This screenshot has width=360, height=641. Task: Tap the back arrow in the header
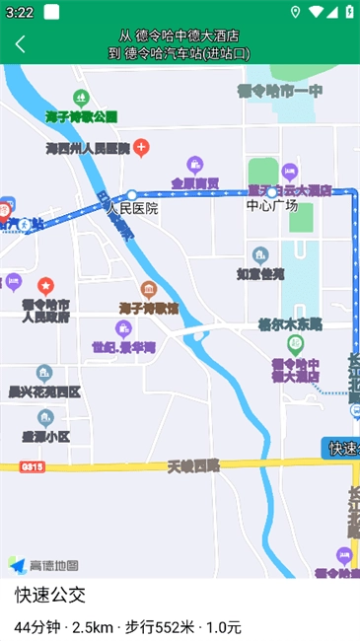20,43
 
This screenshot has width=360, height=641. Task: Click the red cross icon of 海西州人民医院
142,149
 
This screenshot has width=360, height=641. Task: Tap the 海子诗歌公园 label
81,116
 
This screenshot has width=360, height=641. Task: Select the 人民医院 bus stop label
132,209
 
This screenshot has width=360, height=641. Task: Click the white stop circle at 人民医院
131,194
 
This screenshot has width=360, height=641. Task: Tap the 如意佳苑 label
259,273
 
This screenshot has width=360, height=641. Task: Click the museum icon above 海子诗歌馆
149,289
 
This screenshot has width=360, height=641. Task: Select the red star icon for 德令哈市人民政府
44,285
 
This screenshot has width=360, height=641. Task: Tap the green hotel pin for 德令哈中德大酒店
295,345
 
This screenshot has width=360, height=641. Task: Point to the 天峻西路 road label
193,464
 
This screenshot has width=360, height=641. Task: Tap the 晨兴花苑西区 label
44,392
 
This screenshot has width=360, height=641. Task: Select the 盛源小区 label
46,435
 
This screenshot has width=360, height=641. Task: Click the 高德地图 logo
44,565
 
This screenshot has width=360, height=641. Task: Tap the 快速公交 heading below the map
50,595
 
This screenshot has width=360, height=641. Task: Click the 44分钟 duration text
36,627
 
